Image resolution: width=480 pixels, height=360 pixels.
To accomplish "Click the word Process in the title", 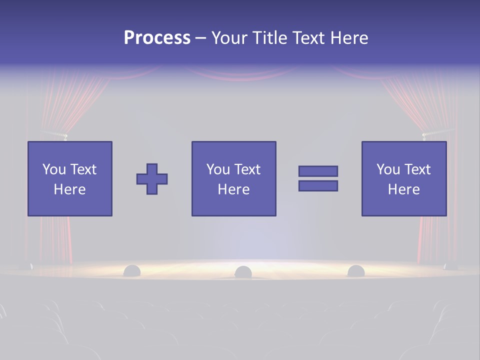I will coord(157,38).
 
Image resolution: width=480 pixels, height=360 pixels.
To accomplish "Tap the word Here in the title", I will coord(348,38).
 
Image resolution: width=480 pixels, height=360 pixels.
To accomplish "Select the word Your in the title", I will coord(230,38).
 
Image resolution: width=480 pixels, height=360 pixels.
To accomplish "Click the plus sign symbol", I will coord(152,179).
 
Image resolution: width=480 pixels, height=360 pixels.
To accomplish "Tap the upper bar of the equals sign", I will coord(318,171).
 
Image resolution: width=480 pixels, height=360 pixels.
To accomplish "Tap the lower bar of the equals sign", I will coord(318,185).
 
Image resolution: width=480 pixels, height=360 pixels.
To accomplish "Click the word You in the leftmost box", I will coord(54,169).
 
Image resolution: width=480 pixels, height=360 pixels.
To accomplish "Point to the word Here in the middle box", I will coord(233,189).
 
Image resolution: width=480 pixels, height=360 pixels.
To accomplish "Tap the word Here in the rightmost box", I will coord(404,189).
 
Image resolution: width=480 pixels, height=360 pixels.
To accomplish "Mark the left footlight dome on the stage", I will coord(132,270).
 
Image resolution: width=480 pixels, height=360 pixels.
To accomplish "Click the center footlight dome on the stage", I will coord(243,272).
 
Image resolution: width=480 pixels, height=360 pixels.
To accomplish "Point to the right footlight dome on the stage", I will coord(356,270).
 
